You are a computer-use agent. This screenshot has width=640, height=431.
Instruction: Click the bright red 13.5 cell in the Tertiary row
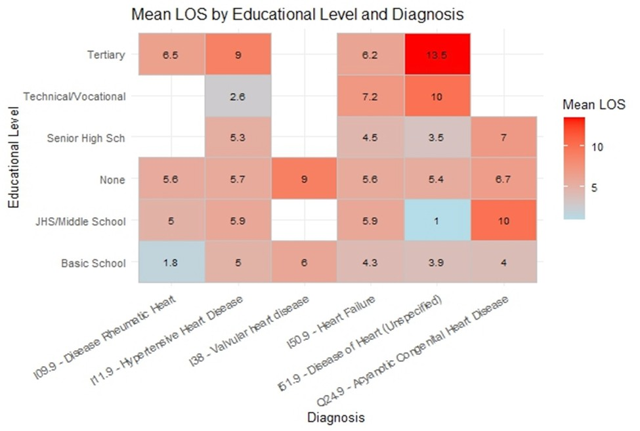(x=437, y=54)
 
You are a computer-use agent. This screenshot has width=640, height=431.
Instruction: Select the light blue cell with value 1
(x=437, y=221)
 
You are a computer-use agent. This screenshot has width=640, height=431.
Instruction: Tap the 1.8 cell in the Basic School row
(x=171, y=262)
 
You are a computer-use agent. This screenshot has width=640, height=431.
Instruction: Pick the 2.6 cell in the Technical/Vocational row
(x=238, y=96)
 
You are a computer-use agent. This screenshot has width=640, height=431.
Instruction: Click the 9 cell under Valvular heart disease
(x=304, y=179)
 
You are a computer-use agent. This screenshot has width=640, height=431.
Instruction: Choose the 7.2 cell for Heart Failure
(x=370, y=96)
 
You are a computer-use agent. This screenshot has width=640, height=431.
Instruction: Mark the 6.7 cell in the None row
(x=503, y=179)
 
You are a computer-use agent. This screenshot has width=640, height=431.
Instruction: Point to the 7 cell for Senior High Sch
(x=503, y=138)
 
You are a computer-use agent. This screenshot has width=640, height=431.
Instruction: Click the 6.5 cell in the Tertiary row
(x=171, y=54)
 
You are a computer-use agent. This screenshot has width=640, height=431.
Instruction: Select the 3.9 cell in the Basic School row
(x=437, y=262)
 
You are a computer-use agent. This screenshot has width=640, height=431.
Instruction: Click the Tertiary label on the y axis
(x=105, y=55)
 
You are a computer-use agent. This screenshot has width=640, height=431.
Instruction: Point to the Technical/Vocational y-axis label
(x=74, y=96)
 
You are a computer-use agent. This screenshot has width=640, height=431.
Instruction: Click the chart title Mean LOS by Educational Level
(x=297, y=14)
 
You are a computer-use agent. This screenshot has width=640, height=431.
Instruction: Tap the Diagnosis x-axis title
(x=337, y=417)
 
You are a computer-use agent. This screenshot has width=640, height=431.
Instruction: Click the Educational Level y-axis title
(x=14, y=158)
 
